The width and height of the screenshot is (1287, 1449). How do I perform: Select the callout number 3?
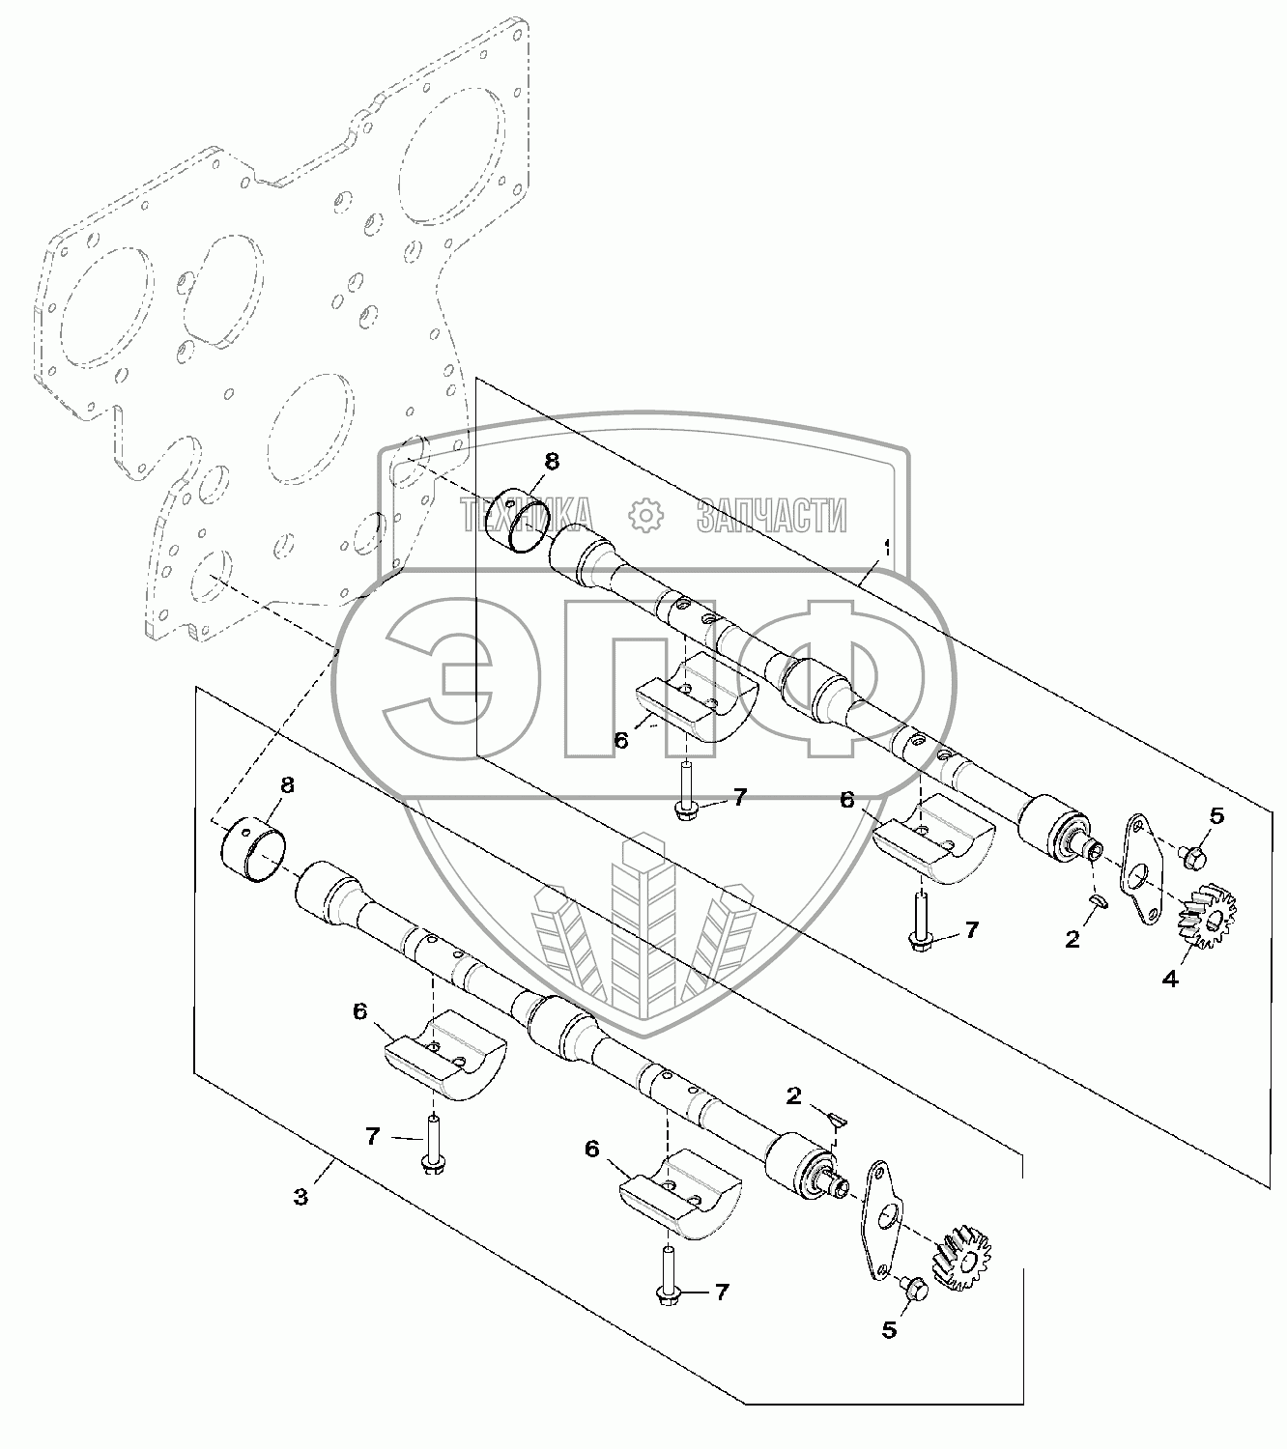click(x=301, y=1196)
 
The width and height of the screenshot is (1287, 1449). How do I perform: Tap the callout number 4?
click(x=1169, y=979)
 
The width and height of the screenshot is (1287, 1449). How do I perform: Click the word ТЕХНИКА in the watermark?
click(x=526, y=516)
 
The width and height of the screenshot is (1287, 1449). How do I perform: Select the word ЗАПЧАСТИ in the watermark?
click(x=771, y=516)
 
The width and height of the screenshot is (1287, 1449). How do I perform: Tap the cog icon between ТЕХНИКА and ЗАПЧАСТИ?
click(x=643, y=516)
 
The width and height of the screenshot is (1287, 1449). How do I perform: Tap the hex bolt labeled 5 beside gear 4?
click(x=1191, y=855)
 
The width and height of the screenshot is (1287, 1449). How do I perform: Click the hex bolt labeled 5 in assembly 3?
click(x=914, y=1288)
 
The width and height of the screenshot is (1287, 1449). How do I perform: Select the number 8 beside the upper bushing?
click(x=551, y=462)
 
